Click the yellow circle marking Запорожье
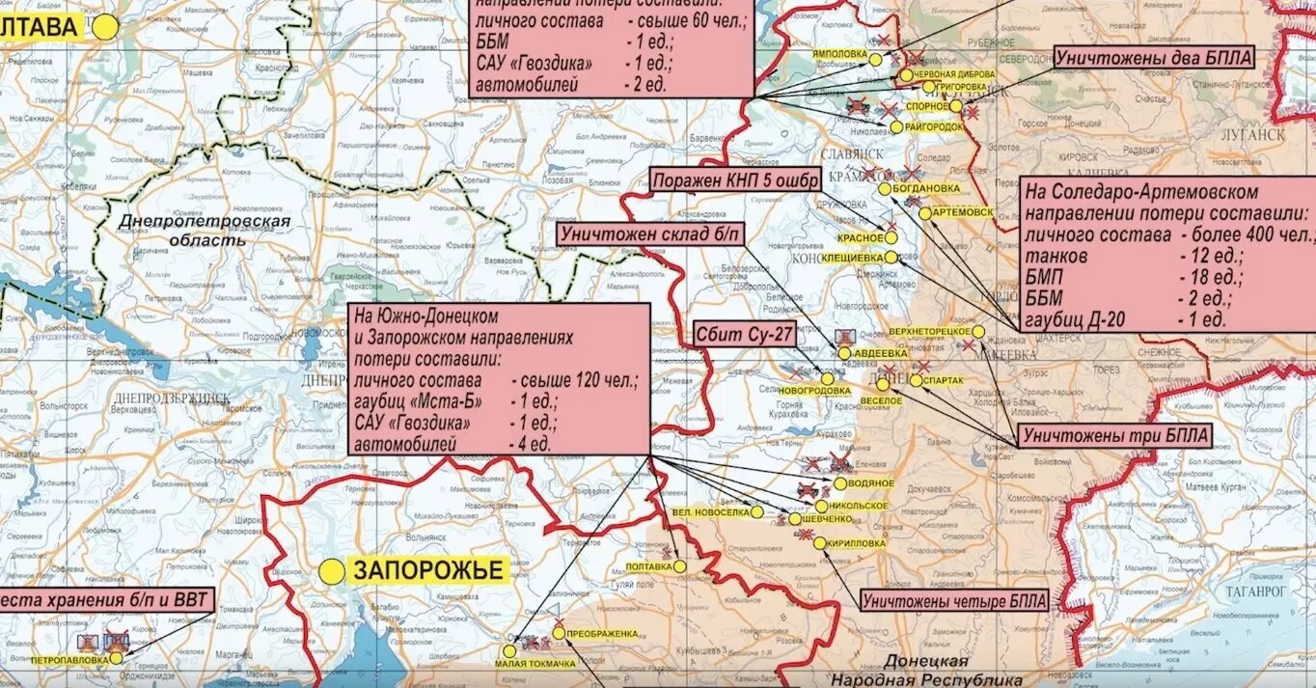tap(332, 572)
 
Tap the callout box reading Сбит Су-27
tap(735, 335)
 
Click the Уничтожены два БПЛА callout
tap(1153, 58)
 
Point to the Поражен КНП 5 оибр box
tap(735, 180)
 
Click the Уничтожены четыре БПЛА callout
tap(954, 600)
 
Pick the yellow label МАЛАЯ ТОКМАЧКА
tap(535, 664)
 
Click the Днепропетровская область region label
tap(204, 231)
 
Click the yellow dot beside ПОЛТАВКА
tap(679, 566)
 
